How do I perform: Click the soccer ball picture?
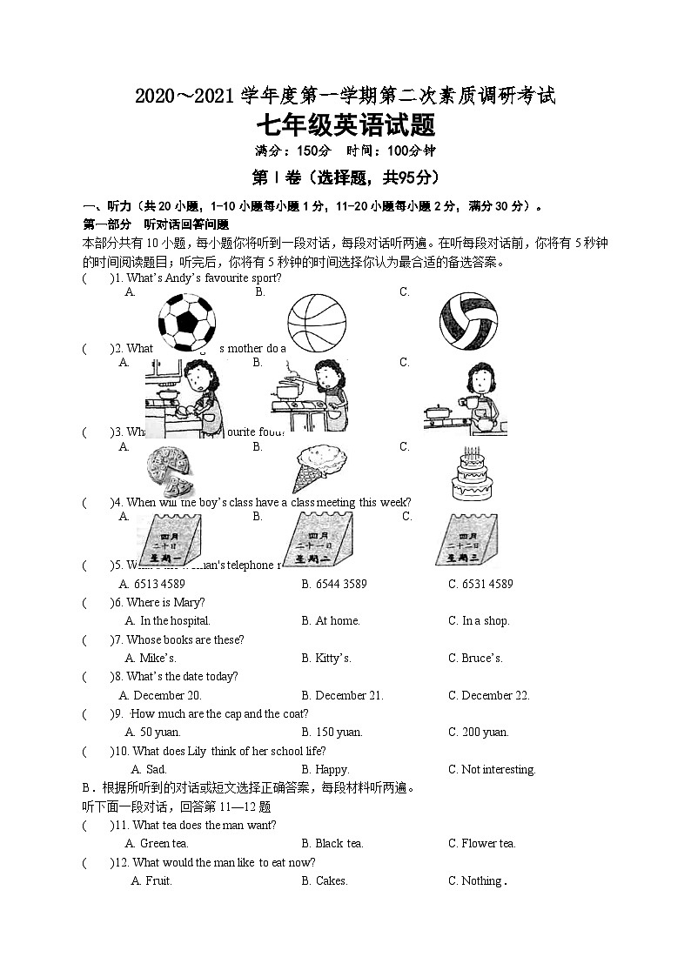[186, 319]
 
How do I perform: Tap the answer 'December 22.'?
[488, 695]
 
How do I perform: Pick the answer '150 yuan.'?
[332, 733]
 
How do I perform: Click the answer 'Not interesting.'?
[492, 769]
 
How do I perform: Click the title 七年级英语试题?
[345, 126]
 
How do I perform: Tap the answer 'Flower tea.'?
[481, 843]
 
